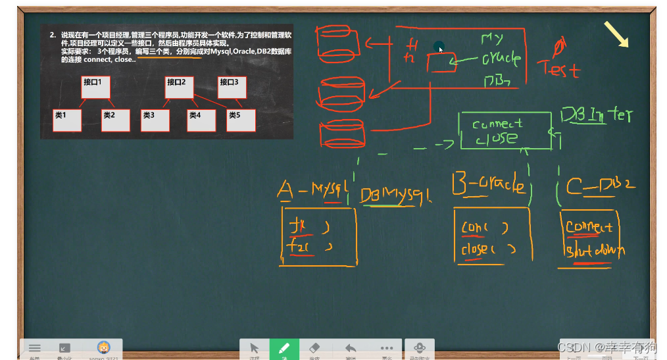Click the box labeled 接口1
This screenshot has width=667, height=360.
coord(94,87)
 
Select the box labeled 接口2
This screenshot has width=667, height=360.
coord(178,87)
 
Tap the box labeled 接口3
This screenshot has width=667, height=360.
coord(231,87)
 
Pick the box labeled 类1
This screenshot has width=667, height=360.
coord(69,120)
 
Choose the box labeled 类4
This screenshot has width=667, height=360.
coord(201,120)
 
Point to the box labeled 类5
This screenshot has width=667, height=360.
coord(241,120)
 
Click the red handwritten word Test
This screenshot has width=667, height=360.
coord(558,68)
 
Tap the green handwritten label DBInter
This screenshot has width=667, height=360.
coord(596,116)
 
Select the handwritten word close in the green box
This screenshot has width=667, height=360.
coord(497,139)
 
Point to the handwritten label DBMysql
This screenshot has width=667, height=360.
coord(395,195)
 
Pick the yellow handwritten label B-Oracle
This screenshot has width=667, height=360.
coord(488,185)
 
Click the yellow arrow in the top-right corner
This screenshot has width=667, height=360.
coord(616,34)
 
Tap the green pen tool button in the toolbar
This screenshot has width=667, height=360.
coord(284,349)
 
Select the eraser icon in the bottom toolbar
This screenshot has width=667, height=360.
coord(314,349)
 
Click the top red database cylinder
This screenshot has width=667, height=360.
coord(339,43)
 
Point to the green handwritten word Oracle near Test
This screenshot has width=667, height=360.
coord(501,59)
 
